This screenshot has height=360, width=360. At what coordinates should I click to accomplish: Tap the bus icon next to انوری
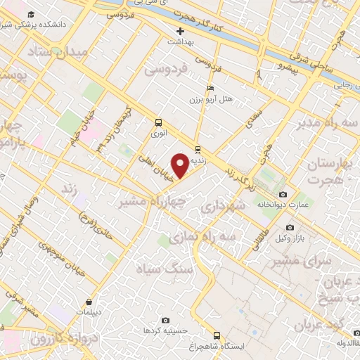pyautogui.click(x=157, y=121)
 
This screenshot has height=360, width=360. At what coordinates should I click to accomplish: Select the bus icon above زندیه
pyautogui.click(x=197, y=149)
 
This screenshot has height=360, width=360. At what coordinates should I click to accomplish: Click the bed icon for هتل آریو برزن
pyautogui.click(x=210, y=88)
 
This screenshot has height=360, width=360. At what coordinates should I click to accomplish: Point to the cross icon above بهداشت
pyautogui.click(x=181, y=31)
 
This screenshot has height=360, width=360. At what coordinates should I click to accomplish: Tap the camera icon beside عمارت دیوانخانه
pyautogui.click(x=283, y=194)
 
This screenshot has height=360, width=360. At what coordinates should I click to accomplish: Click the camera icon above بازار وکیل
pyautogui.click(x=290, y=227)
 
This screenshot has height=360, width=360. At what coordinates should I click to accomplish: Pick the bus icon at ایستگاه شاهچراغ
pyautogui.click(x=217, y=335)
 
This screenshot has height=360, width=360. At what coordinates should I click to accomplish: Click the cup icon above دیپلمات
pyautogui.click(x=89, y=300)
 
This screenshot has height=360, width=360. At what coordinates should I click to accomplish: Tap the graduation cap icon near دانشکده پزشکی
pyautogui.click(x=30, y=14)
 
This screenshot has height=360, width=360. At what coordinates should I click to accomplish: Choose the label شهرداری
pyautogui.click(x=221, y=206)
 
